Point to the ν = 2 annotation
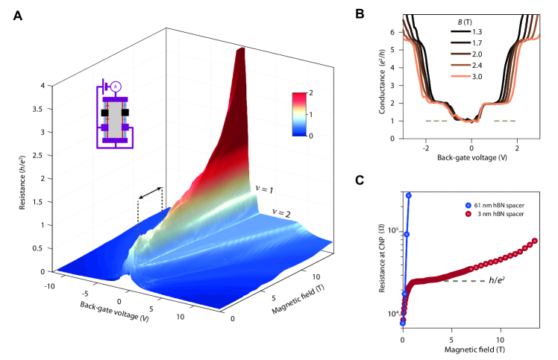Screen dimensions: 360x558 [x=281, y=213]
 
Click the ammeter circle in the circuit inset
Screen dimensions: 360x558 [x=116, y=86]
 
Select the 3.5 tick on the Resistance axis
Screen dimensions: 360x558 [x=44, y=108]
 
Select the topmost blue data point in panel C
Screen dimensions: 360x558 [x=409, y=195]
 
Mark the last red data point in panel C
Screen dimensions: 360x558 [x=536, y=241]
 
